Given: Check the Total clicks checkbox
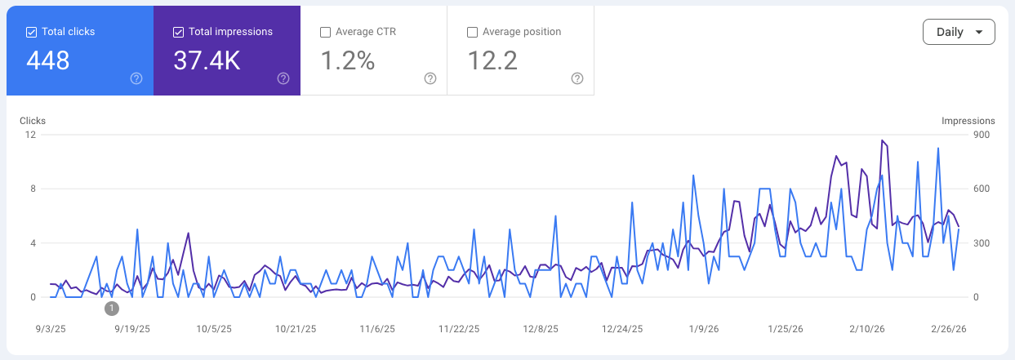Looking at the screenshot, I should pyautogui.click(x=31, y=32).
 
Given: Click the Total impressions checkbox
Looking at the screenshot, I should pyautogui.click(x=178, y=32).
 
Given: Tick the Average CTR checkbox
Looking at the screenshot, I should pyautogui.click(x=325, y=32).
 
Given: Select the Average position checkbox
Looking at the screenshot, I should pyautogui.click(x=472, y=32).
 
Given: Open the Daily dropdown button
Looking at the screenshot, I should pyautogui.click(x=958, y=32).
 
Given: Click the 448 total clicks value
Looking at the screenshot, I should pyautogui.click(x=48, y=60).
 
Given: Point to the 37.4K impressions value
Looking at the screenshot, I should pyautogui.click(x=207, y=60).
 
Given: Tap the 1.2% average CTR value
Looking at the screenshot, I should pyautogui.click(x=347, y=60).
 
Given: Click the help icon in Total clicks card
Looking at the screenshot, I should pyautogui.click(x=136, y=78).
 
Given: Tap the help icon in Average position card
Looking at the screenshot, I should pyautogui.click(x=577, y=78).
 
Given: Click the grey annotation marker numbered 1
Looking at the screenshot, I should pyautogui.click(x=112, y=309).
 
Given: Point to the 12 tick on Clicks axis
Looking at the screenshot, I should pyautogui.click(x=30, y=135).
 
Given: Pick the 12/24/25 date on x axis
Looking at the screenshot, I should pyautogui.click(x=622, y=329).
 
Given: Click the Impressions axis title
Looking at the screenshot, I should pyautogui.click(x=968, y=121).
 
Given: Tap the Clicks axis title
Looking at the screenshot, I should pyautogui.click(x=33, y=121).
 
